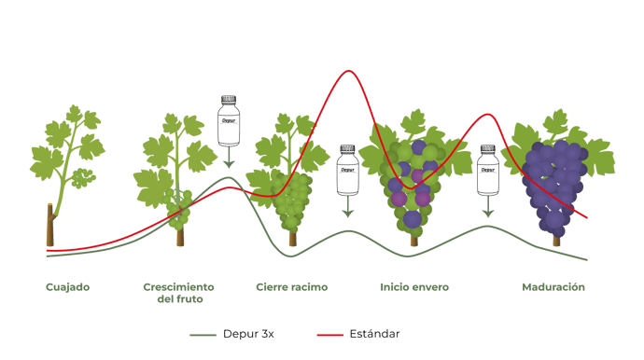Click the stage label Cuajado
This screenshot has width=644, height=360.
coord(68,287)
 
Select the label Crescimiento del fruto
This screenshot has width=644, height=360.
coord(178,293)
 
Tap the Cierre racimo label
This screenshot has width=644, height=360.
coord(291,287)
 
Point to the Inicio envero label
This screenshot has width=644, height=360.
coord(414,287)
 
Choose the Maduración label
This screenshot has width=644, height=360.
coord(553,287)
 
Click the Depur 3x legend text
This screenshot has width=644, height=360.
coord(248,334)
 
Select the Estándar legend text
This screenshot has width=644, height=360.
coord(374,334)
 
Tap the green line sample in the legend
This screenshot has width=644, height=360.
coord(203,335)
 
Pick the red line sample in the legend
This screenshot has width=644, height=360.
coord(329,335)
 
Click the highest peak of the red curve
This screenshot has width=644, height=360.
coord(349,71)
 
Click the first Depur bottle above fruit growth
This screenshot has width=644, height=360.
coord(229,120)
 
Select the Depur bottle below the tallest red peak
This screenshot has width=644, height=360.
coord(348,170)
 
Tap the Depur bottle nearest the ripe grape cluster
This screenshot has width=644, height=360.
coord(488,170)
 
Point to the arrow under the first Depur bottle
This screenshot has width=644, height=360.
coord(229,158)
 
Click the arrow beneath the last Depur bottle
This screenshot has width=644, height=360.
coord(488,207)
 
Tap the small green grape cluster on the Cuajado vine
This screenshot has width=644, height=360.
coord(83,178)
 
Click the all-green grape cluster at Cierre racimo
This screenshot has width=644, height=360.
coord(294,201)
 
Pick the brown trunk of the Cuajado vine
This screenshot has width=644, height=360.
coord(50,225)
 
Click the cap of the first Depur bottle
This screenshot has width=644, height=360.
coord(229,99)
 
